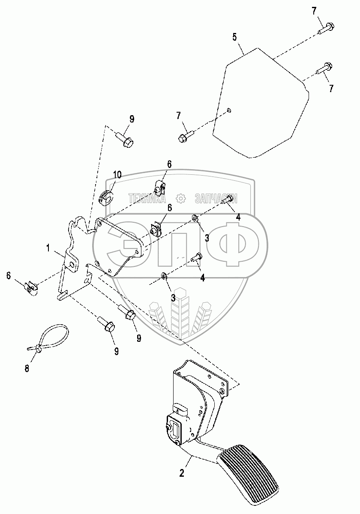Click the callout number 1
[48, 248]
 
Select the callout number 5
[234, 36]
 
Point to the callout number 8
[27, 368]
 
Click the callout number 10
[117, 175]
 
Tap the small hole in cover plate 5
[229, 111]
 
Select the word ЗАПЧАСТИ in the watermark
[216, 198]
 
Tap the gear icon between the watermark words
[181, 198]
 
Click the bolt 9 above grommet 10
[126, 141]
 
